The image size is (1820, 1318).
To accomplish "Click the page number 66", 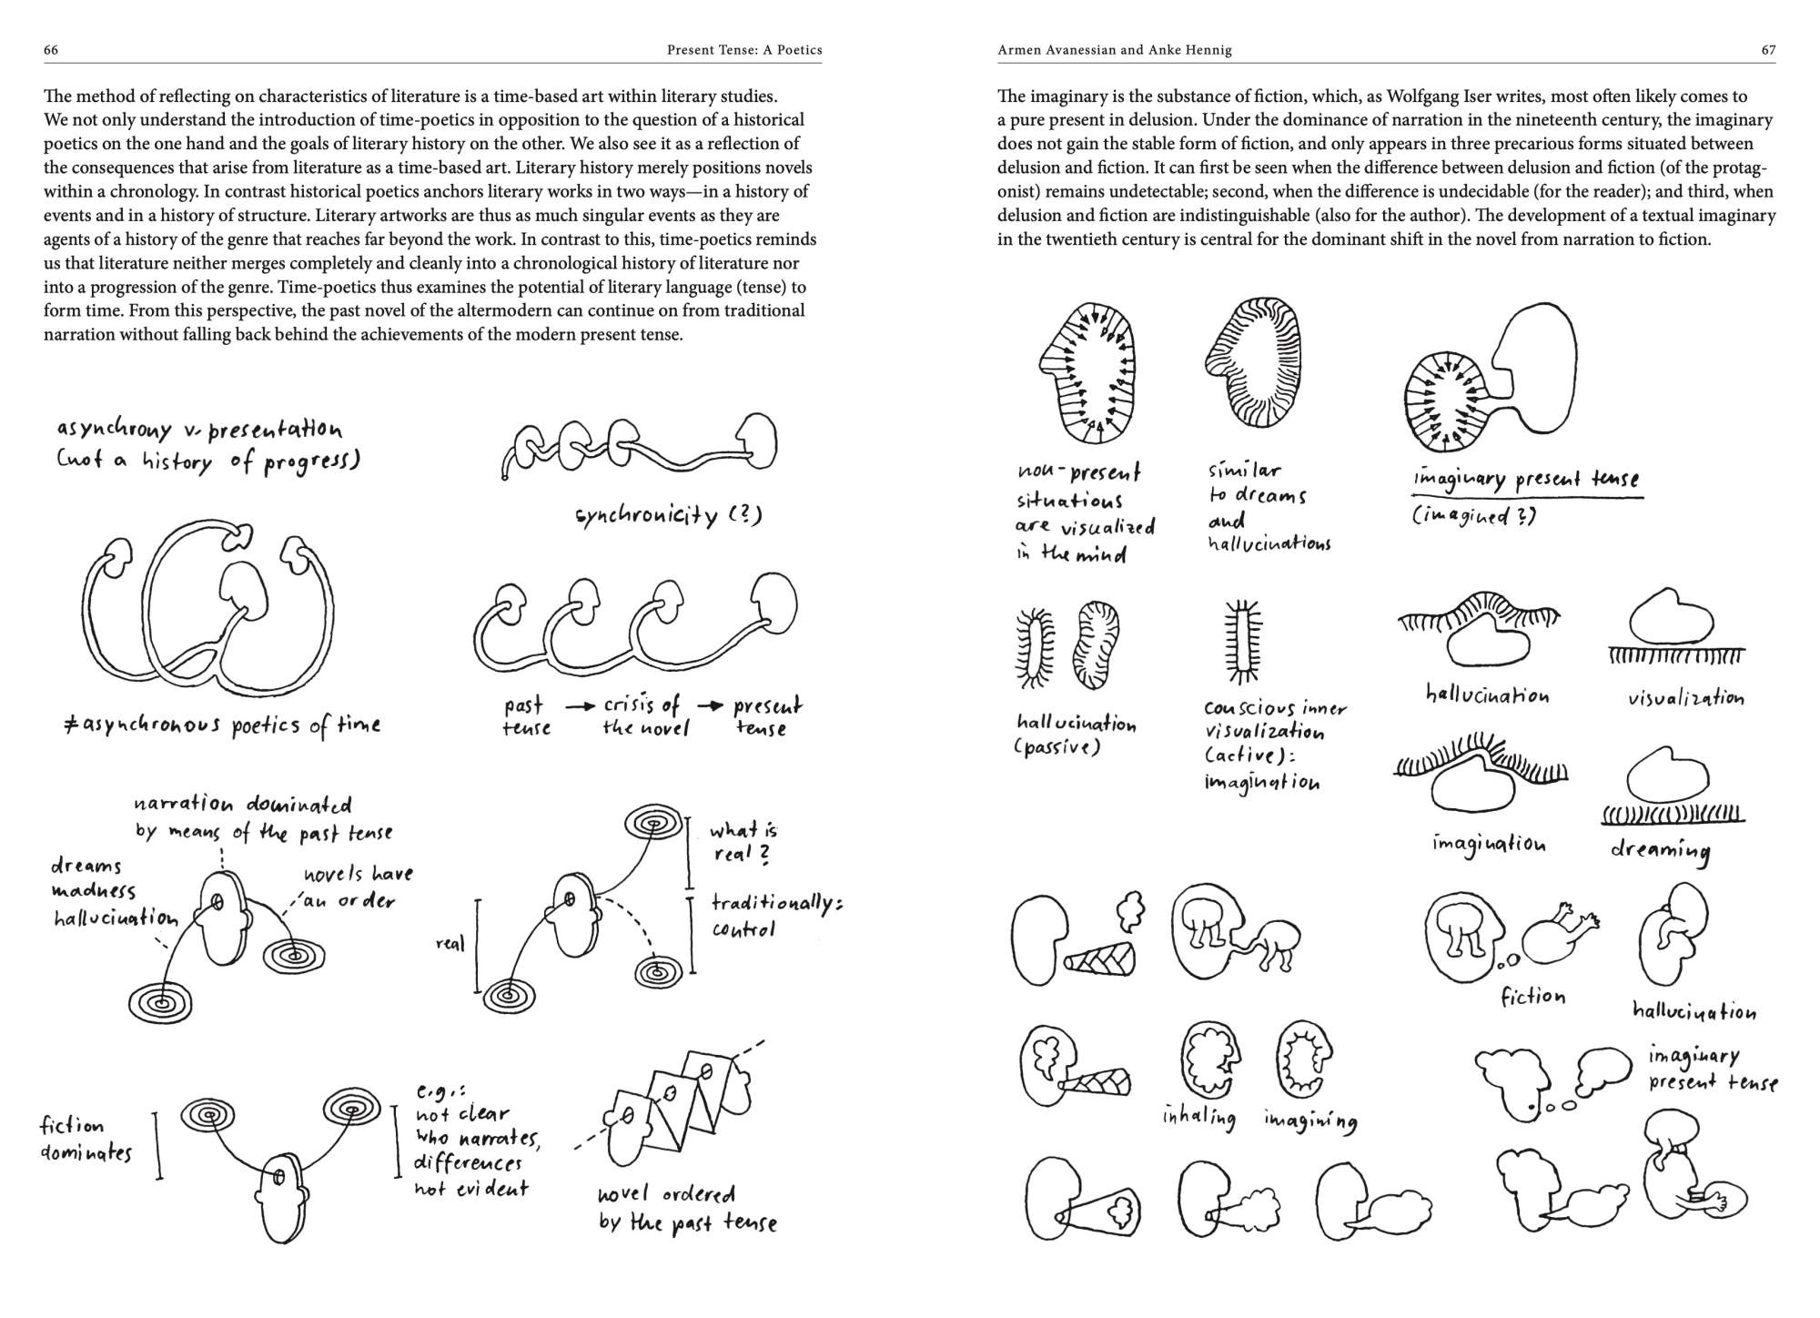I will [x=51, y=50].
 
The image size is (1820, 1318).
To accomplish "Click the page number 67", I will [x=1768, y=50].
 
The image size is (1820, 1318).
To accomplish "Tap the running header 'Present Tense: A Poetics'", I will [x=743, y=50].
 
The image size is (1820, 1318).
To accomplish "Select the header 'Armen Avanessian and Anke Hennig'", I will [x=1114, y=50].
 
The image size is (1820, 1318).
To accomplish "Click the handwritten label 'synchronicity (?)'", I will [x=668, y=515].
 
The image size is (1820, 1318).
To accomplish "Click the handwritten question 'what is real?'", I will [x=743, y=842].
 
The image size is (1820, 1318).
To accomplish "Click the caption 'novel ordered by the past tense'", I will [x=687, y=1209].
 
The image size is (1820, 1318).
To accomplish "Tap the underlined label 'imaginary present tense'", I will [x=1525, y=479].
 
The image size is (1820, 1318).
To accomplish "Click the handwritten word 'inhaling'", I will [x=1198, y=1117].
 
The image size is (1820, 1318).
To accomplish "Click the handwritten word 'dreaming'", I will [x=1660, y=850].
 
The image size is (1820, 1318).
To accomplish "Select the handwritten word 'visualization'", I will [x=1686, y=699].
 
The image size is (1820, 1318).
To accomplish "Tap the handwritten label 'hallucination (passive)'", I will [x=1076, y=735].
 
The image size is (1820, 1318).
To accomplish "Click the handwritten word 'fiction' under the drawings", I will [x=1532, y=997].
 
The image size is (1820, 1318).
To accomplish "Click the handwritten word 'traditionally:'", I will [x=776, y=904].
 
